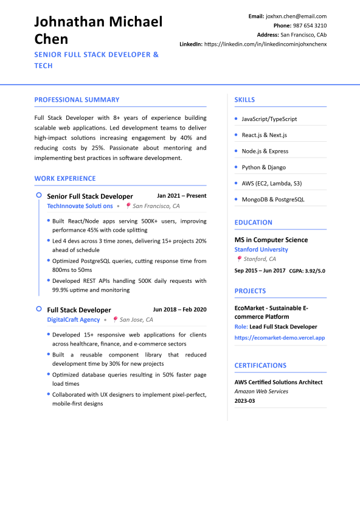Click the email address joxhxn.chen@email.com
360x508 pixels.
click(x=296, y=16)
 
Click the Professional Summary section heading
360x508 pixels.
click(x=77, y=100)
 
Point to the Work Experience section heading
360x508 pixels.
click(x=65, y=178)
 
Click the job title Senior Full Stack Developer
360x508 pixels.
click(x=90, y=197)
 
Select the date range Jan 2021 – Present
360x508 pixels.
click(x=182, y=196)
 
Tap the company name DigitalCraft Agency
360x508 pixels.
click(x=74, y=319)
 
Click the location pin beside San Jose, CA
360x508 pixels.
click(x=115, y=319)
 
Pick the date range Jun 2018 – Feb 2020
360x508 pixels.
click(x=179, y=310)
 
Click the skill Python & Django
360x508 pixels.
click(x=263, y=167)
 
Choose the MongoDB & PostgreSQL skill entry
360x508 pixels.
click(x=273, y=200)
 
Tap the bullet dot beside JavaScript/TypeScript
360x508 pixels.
click(x=236, y=119)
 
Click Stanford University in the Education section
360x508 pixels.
click(x=261, y=249)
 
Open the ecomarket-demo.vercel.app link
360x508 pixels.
click(x=280, y=338)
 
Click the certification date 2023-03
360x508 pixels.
click(x=245, y=402)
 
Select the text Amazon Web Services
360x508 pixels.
click(x=261, y=392)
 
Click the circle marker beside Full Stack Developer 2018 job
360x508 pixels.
click(x=39, y=310)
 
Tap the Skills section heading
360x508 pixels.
click(x=244, y=100)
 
